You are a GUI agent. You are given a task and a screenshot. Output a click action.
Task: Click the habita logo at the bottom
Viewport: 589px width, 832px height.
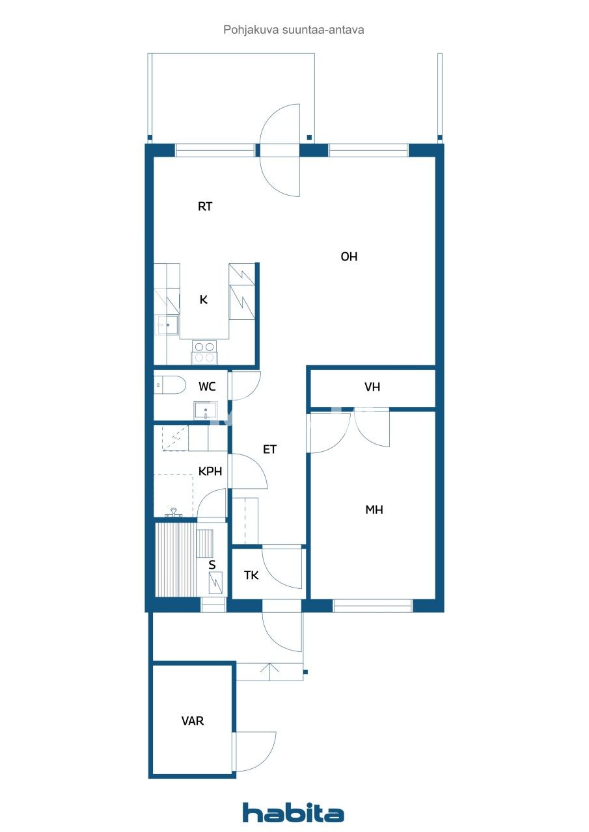(293, 813)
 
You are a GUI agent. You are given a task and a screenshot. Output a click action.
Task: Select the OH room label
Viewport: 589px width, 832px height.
(349, 257)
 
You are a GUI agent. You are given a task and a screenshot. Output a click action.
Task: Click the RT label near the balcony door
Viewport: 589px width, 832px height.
(205, 207)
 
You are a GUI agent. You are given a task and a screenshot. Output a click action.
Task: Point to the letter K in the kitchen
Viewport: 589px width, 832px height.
(203, 300)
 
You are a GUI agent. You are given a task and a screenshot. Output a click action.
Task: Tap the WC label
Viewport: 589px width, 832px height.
(207, 387)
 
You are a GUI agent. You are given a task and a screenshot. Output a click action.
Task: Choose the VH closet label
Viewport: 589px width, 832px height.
(372, 387)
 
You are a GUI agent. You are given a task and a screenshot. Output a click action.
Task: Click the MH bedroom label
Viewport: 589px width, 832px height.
(374, 510)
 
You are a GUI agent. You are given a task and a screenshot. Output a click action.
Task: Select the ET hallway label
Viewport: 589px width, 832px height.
(269, 449)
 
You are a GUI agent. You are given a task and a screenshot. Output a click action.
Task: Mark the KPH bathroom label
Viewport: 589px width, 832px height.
(210, 472)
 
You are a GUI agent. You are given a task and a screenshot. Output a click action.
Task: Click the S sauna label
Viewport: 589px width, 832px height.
(212, 565)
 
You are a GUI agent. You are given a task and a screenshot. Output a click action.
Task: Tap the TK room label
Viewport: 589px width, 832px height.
(251, 575)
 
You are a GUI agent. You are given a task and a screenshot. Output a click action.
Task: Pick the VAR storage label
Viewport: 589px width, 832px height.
(192, 721)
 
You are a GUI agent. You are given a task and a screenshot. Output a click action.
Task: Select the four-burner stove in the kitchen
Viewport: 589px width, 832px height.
(204, 352)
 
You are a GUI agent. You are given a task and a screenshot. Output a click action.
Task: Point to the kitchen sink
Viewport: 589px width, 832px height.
(167, 324)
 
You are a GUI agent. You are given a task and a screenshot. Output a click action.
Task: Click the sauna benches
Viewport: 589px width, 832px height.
(174, 560)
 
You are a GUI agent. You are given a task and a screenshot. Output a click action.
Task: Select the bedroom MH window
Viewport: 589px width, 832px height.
(372, 606)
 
